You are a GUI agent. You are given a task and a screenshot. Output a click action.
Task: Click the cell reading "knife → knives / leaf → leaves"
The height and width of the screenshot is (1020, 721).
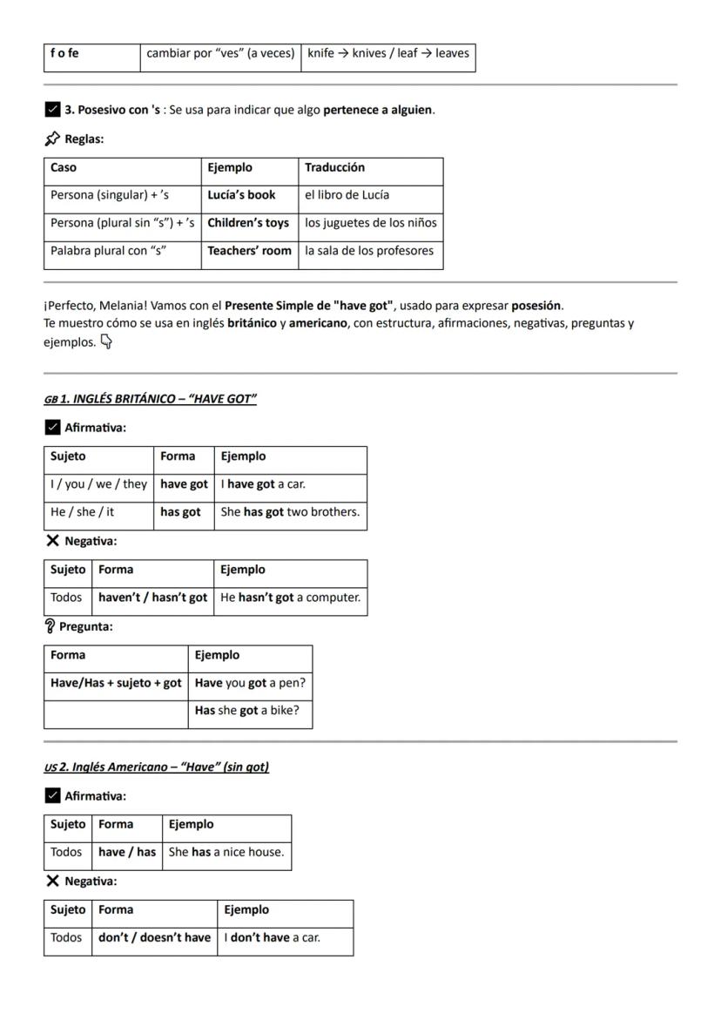pyautogui.click(x=388, y=54)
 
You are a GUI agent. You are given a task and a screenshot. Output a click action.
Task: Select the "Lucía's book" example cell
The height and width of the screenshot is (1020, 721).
pyautogui.click(x=241, y=195)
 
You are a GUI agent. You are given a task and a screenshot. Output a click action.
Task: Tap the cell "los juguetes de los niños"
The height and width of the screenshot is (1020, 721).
pyautogui.click(x=371, y=223)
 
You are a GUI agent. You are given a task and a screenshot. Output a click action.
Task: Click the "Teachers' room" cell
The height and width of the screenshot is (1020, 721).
pyautogui.click(x=249, y=251)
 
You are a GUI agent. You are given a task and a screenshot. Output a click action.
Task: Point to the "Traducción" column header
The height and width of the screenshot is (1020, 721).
pyautogui.click(x=335, y=167)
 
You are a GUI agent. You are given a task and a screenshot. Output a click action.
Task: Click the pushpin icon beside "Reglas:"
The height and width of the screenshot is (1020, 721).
pyautogui.click(x=52, y=138)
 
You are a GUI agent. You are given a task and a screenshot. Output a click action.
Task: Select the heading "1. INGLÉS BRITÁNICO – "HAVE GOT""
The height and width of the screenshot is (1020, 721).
pyautogui.click(x=158, y=399)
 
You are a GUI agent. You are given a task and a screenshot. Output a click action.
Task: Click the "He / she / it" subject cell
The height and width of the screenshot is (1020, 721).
pyautogui.click(x=82, y=512)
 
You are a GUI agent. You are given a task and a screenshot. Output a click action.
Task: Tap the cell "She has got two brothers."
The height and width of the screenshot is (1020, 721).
pyautogui.click(x=290, y=512)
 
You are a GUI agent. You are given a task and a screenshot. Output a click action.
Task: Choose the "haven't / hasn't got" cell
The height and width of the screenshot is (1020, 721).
pyautogui.click(x=152, y=598)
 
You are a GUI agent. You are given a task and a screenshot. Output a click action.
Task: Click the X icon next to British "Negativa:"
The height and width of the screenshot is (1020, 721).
pyautogui.click(x=52, y=541)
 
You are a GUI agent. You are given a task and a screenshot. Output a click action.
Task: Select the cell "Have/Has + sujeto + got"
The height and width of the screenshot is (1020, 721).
pyautogui.click(x=116, y=683)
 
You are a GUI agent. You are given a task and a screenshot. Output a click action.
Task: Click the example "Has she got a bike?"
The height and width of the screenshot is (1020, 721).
pyautogui.click(x=247, y=711)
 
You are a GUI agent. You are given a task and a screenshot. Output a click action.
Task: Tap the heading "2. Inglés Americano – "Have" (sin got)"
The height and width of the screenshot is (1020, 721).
pyautogui.click(x=165, y=767)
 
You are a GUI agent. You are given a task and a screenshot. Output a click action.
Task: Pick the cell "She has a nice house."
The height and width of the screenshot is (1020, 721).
pyautogui.click(x=226, y=852)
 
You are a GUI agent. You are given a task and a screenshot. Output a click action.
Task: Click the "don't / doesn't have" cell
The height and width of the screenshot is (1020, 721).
pyautogui.click(x=154, y=937)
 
